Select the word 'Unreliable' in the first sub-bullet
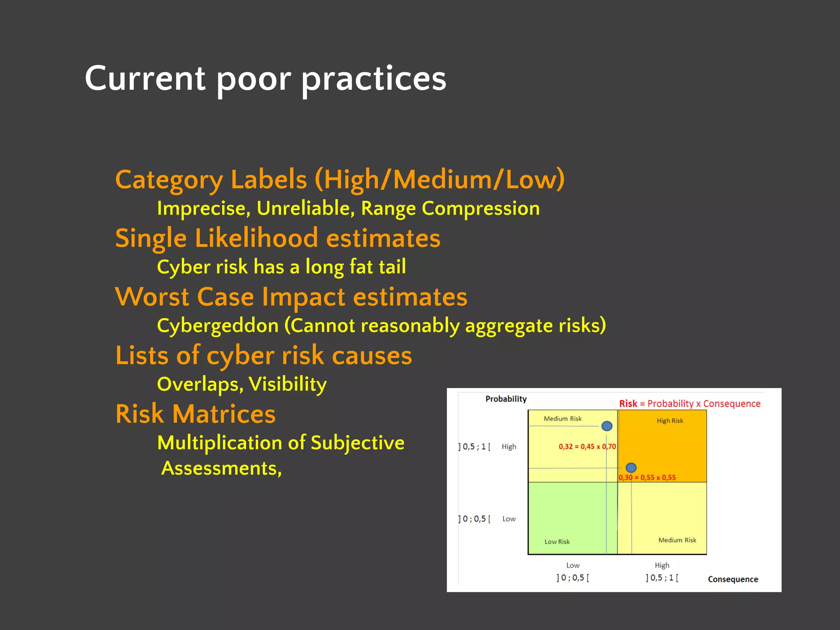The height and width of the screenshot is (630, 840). (x=306, y=208)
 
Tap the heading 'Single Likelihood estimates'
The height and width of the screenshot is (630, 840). (x=278, y=238)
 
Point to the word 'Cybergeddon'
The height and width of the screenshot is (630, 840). (x=218, y=326)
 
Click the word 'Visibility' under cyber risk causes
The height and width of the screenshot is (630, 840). (x=288, y=384)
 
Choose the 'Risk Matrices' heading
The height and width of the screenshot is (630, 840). (x=195, y=414)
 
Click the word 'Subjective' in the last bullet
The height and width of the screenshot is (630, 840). (x=357, y=443)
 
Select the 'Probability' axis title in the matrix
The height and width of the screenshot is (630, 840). (x=506, y=399)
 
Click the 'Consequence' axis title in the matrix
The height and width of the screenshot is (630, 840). (x=733, y=579)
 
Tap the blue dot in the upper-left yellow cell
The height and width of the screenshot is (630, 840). (x=607, y=426)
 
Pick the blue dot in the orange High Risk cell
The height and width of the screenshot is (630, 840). (x=631, y=468)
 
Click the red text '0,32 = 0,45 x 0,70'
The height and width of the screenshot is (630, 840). (x=587, y=447)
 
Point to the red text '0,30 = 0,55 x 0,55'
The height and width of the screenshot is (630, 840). (x=647, y=477)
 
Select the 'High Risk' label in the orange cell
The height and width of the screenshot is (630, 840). (x=670, y=421)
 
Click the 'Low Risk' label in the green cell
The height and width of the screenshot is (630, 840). (x=557, y=542)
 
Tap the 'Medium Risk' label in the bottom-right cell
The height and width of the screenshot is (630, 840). (x=677, y=540)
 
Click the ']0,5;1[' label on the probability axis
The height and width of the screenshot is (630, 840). (x=474, y=447)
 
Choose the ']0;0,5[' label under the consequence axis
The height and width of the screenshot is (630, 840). (x=573, y=578)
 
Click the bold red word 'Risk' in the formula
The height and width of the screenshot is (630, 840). (x=628, y=404)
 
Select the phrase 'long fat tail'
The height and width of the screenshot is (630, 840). (x=356, y=267)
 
